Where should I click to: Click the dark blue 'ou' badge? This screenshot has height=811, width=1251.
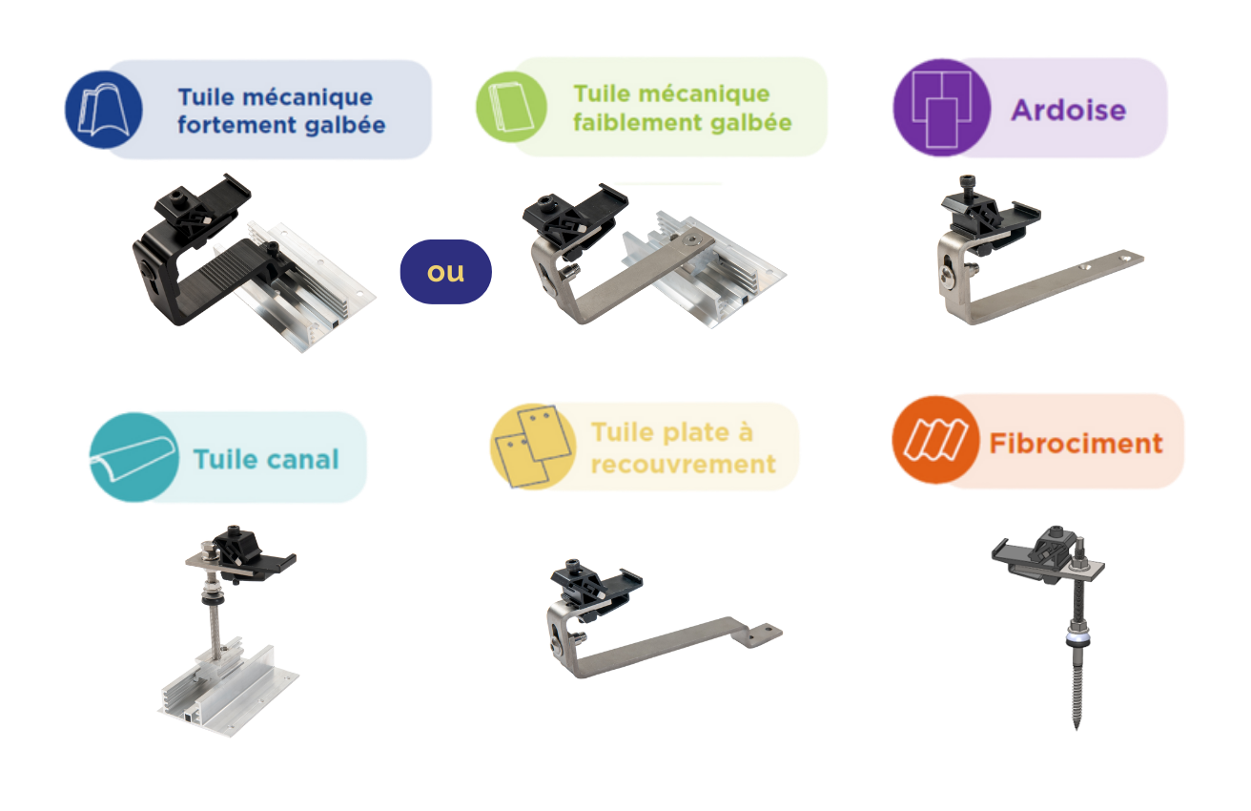coord(445,272)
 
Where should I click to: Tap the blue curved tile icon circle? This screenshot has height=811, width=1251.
coord(104,110)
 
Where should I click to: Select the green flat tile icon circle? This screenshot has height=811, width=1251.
coord(511,106)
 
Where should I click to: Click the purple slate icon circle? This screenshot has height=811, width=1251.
coord(942,107)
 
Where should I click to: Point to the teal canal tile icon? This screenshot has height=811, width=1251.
coord(134,457)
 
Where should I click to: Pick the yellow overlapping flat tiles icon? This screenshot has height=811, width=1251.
coord(532,446)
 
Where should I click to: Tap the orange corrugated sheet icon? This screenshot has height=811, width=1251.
coord(935,440)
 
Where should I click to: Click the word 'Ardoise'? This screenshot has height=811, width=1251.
coord(1068,110)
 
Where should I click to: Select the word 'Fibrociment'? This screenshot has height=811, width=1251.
coord(1076,444)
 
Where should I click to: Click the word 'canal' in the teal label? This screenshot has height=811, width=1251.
coord(302,460)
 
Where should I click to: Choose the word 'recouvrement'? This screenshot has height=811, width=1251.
coord(684,464)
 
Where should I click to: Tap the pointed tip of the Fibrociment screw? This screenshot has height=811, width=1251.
coord(1077,727)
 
